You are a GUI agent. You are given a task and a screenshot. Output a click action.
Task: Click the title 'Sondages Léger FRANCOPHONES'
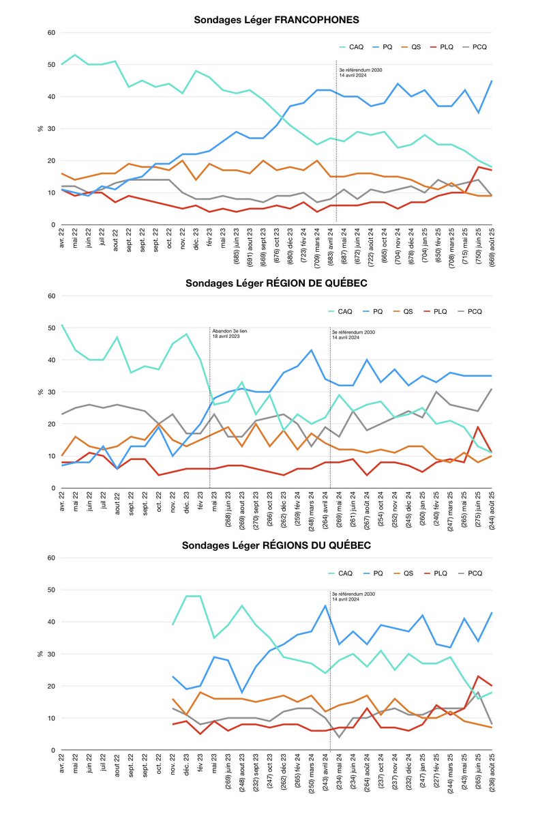(276, 19)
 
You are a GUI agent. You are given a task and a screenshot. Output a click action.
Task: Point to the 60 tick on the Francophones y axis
(50, 33)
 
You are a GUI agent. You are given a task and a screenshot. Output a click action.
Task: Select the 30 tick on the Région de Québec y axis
(50, 392)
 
